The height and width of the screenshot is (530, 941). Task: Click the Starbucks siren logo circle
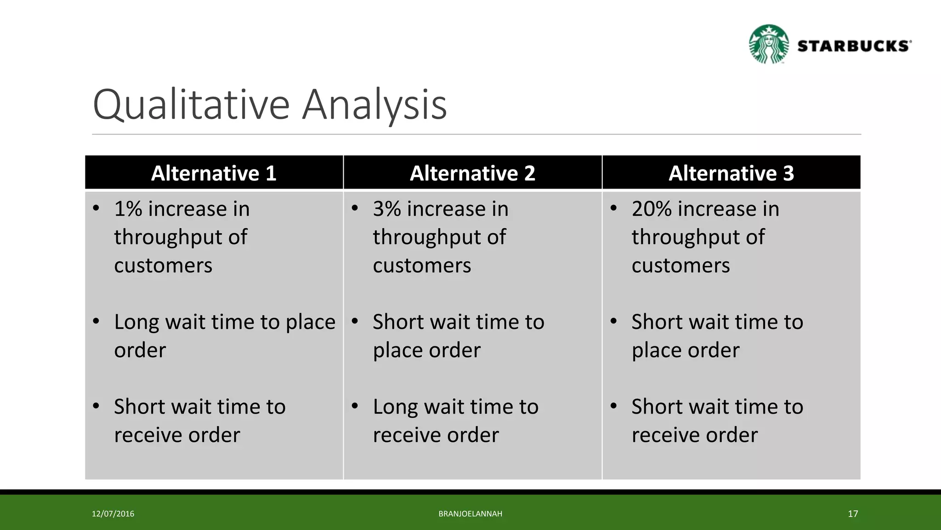pyautogui.click(x=769, y=44)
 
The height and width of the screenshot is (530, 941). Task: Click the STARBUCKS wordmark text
pyautogui.click(x=854, y=46)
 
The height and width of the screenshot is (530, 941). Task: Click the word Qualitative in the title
pyautogui.click(x=191, y=105)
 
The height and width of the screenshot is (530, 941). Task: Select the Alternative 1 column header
pyautogui.click(x=214, y=173)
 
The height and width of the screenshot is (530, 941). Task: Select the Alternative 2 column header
pyautogui.click(x=472, y=173)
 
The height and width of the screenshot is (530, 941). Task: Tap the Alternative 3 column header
pyautogui.click(x=731, y=173)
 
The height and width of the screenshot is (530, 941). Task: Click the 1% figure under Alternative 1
pyautogui.click(x=128, y=209)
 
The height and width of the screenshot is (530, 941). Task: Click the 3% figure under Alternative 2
pyautogui.click(x=387, y=209)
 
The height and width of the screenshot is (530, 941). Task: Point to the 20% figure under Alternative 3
pyautogui.click(x=652, y=209)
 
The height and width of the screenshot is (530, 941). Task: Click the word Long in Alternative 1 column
pyautogui.click(x=136, y=322)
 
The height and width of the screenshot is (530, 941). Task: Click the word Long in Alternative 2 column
pyautogui.click(x=395, y=407)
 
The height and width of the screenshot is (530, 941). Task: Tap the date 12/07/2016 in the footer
pyautogui.click(x=113, y=514)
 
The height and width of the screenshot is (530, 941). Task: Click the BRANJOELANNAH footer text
pyautogui.click(x=470, y=514)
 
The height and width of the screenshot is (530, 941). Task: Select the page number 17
pyautogui.click(x=853, y=514)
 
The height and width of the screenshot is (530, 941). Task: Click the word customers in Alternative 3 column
pyautogui.click(x=680, y=266)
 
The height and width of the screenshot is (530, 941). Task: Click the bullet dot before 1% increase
pyautogui.click(x=96, y=208)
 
